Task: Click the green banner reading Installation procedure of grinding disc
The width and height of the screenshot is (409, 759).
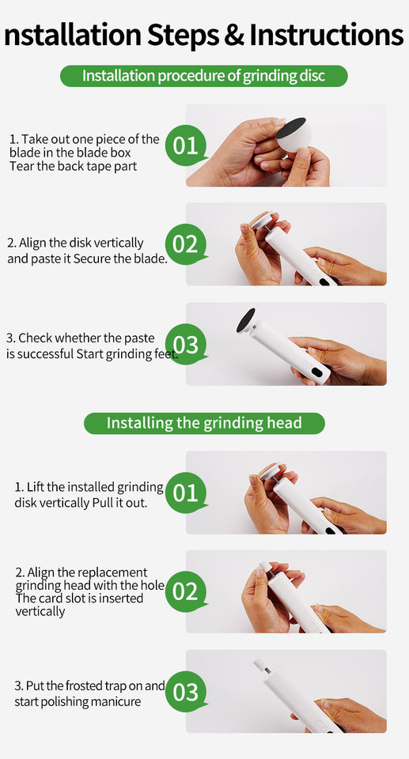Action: click(204, 76)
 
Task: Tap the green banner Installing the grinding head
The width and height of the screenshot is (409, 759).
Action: click(204, 423)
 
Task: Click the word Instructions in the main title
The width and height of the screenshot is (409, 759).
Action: click(326, 34)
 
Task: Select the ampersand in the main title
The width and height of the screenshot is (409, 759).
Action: click(233, 34)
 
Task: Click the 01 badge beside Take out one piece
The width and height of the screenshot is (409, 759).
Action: click(186, 145)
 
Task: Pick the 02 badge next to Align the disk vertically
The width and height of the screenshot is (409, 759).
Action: click(186, 244)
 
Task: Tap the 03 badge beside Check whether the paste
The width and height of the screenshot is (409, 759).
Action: click(186, 345)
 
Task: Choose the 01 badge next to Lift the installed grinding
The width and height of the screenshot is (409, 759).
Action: click(186, 493)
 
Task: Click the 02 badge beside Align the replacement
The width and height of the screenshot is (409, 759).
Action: click(186, 592)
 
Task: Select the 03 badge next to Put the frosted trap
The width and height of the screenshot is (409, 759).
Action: click(186, 692)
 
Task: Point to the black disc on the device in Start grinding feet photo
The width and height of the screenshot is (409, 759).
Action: click(246, 320)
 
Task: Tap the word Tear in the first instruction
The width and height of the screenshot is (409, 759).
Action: click(20, 166)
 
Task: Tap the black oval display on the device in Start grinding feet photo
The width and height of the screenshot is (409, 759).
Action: click(317, 373)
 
